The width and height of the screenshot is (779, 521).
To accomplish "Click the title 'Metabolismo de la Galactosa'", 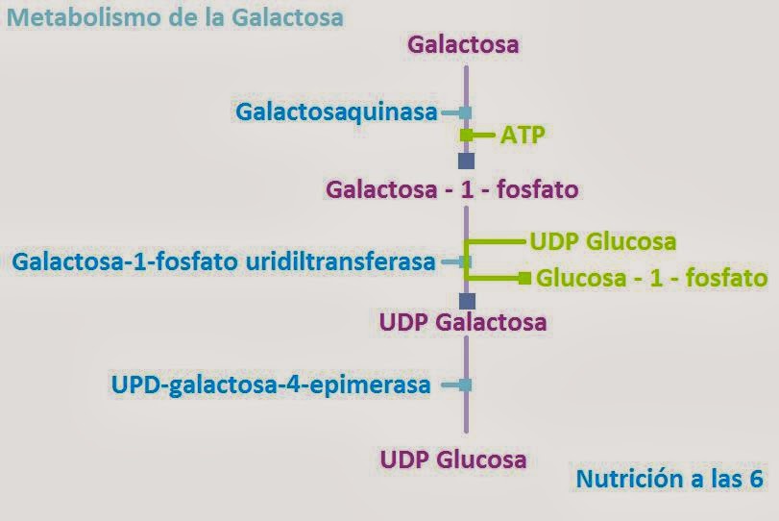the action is (x=175, y=17).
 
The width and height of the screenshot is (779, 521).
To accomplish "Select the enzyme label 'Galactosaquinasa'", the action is (x=336, y=112).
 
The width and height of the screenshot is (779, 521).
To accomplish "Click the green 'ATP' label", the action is (x=523, y=135).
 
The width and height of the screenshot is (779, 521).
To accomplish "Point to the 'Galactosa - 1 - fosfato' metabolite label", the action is (x=452, y=189).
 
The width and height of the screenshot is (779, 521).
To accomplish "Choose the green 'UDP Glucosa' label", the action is (x=603, y=241).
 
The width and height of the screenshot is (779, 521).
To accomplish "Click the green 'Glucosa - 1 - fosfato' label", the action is (x=651, y=279).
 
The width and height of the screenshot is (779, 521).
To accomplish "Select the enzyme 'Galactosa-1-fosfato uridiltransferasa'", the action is (x=224, y=260).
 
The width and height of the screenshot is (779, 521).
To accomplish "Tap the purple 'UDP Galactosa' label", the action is (x=464, y=322).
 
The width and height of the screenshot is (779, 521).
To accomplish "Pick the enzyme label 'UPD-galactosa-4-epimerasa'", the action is (x=271, y=385).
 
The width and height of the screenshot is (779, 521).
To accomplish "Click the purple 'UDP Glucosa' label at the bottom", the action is (x=453, y=459).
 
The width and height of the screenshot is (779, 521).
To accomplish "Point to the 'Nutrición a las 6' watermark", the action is (x=669, y=479).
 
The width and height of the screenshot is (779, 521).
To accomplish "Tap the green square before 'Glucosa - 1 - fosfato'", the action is (x=524, y=279).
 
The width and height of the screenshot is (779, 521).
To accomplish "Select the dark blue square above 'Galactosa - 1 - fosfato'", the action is (x=467, y=161).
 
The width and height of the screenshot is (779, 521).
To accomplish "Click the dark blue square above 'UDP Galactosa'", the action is (x=467, y=301).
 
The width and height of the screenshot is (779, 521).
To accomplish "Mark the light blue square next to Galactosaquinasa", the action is (x=466, y=112).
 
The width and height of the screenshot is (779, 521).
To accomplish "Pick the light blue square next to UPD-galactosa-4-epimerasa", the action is (x=466, y=385).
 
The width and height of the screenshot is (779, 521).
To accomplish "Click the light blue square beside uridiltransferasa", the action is (x=466, y=260).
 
